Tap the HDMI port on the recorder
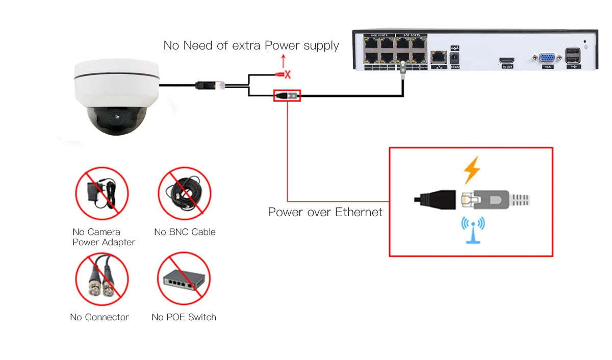506,60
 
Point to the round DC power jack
454,58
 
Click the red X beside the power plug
288,75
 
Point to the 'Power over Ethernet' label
325,212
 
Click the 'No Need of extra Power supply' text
251,45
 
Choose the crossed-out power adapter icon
101,193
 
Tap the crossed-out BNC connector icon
101,279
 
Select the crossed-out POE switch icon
184,278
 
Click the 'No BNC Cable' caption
185,232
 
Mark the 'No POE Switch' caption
184,317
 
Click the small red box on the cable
287,95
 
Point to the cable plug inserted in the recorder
402,66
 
